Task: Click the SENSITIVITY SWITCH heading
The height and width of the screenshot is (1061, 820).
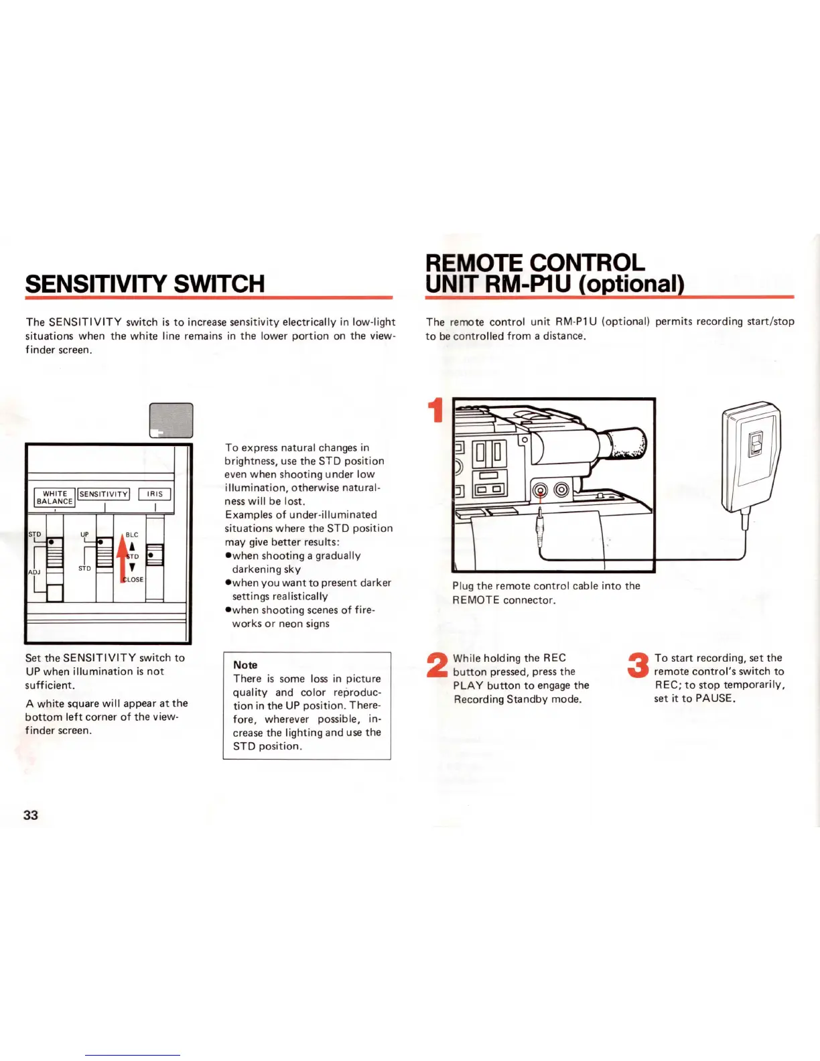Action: tap(145, 284)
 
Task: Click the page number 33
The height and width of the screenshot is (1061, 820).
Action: tap(31, 815)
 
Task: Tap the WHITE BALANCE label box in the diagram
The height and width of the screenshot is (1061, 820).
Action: tap(55, 498)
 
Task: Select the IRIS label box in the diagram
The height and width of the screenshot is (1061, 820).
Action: tap(155, 494)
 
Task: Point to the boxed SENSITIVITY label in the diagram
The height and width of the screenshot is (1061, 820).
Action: tap(104, 494)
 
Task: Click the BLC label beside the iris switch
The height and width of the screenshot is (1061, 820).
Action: tap(132, 535)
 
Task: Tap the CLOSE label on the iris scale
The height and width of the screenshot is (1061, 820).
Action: tap(133, 579)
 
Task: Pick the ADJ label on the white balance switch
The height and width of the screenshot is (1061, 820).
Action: tap(34, 572)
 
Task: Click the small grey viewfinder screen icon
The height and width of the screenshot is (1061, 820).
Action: tap(171, 421)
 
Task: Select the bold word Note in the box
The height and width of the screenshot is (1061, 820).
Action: tap(245, 665)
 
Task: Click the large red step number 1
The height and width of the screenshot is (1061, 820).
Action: tap(436, 411)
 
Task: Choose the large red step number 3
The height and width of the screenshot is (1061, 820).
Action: tap(638, 665)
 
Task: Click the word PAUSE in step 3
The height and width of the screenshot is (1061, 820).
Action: tap(714, 699)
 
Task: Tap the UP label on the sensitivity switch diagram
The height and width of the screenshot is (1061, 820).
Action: tap(84, 535)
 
